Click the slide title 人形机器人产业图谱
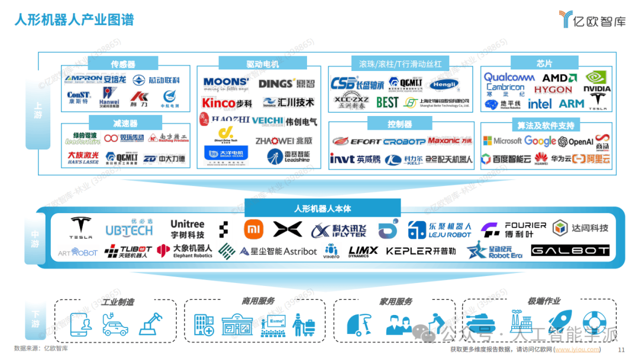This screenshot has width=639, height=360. click(x=75, y=20)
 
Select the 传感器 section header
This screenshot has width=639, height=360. click(x=123, y=63)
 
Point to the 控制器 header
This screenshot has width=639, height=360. click(x=399, y=124)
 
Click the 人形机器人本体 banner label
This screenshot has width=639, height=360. click(x=322, y=208)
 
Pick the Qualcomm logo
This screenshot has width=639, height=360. click(x=509, y=78)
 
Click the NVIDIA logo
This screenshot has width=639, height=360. click(x=597, y=81)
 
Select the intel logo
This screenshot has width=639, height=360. click(x=540, y=104)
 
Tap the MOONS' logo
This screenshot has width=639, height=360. click(x=226, y=83)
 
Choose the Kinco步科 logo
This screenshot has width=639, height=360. click(x=227, y=103)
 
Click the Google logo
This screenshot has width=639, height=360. click(x=540, y=141)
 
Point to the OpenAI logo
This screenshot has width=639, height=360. click(x=576, y=142)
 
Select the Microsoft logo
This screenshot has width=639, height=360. click(x=502, y=141)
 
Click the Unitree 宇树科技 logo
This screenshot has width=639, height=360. click(x=187, y=229)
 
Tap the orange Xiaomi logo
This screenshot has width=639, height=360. click(x=253, y=229)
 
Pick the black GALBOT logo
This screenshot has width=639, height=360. click(x=570, y=251)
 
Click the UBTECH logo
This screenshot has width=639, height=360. click(x=128, y=229)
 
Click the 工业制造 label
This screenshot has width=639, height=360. click(x=117, y=302)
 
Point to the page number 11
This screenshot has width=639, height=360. click(x=621, y=350)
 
